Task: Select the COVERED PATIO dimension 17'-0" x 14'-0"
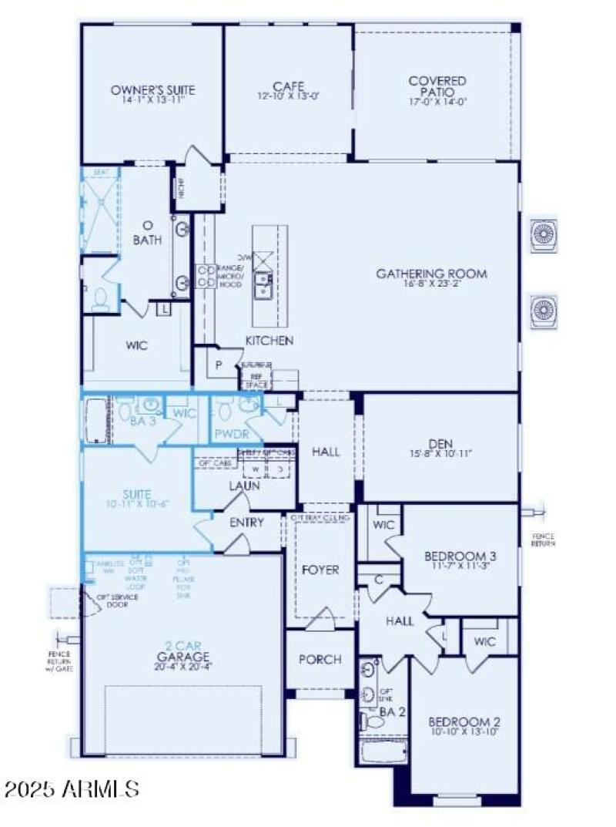(x=437, y=101)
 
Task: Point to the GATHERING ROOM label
(x=431, y=274)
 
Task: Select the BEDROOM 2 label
(x=464, y=721)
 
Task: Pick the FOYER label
(x=320, y=570)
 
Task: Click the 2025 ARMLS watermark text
(x=71, y=788)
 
